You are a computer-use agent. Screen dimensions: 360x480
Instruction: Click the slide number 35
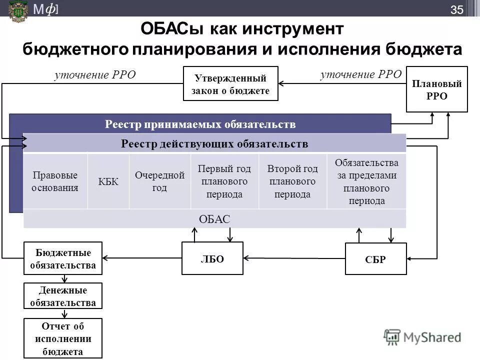(x=457, y=9)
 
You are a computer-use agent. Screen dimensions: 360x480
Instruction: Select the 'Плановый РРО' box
(x=436, y=89)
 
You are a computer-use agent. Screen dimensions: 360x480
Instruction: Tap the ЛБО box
(x=212, y=258)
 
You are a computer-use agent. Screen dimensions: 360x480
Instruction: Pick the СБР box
(x=375, y=259)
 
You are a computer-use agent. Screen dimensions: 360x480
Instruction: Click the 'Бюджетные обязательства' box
(x=63, y=258)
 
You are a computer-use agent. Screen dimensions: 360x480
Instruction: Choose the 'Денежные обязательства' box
(x=63, y=296)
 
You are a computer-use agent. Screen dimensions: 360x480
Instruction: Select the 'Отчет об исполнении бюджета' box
(x=63, y=338)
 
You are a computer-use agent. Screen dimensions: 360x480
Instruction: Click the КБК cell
(x=108, y=181)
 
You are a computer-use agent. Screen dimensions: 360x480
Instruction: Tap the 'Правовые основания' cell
(x=55, y=181)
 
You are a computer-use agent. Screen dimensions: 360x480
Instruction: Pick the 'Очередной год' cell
(x=160, y=181)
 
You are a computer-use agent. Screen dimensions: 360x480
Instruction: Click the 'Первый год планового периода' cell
(x=224, y=181)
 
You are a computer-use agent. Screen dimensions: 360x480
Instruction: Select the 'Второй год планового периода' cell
(x=292, y=181)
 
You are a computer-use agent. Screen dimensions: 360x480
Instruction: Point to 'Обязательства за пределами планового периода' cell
(x=366, y=181)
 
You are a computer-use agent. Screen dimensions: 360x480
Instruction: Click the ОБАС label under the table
(x=214, y=219)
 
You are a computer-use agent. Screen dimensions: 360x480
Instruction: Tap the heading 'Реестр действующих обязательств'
(x=214, y=144)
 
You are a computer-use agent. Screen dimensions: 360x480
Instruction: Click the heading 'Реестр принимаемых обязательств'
(x=200, y=123)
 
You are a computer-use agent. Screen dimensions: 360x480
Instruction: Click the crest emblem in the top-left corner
(x=18, y=10)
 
